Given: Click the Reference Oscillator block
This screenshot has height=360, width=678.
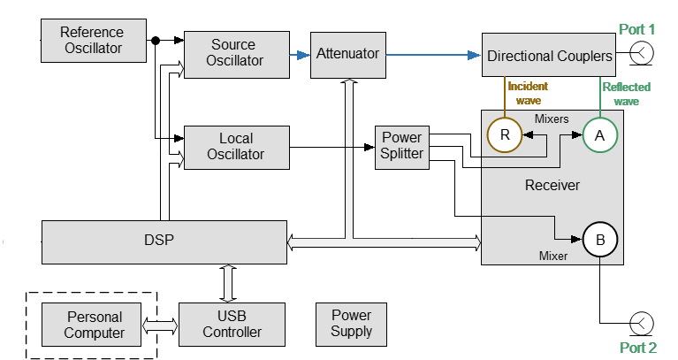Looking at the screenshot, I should [93, 40].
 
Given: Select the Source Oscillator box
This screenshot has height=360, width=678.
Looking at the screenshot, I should [236, 53].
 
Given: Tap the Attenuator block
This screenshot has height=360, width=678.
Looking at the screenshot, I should [347, 54].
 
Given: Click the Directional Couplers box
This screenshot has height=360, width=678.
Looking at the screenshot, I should [549, 56].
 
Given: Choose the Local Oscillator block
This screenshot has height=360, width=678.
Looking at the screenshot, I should [236, 147].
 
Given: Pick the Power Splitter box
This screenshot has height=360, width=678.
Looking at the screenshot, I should [401, 146].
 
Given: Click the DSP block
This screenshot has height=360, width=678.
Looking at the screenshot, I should [164, 241].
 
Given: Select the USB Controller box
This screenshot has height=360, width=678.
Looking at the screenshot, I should [232, 324].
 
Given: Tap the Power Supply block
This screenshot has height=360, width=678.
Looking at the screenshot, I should [351, 324].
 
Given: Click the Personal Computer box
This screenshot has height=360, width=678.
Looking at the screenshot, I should [94, 324].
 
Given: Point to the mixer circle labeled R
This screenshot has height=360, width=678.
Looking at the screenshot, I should [505, 134].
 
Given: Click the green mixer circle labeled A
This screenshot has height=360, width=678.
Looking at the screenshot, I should [599, 134].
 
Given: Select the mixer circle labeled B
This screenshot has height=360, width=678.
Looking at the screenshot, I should [599, 239].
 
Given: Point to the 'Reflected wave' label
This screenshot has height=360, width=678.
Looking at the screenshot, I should [626, 94].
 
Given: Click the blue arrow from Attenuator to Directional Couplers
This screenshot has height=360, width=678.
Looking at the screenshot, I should [433, 55].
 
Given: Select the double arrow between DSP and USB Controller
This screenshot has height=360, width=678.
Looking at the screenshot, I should [229, 283].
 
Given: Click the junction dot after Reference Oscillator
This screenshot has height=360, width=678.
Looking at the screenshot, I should [156, 40].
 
